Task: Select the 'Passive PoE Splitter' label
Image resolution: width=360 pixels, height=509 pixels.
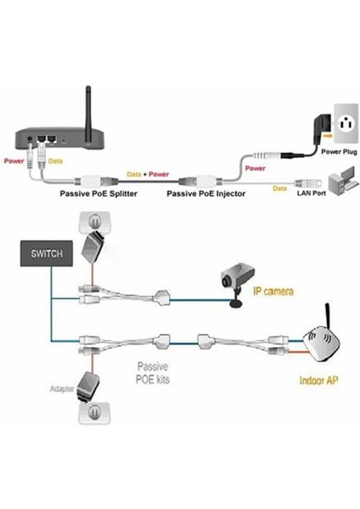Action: click(x=99, y=193)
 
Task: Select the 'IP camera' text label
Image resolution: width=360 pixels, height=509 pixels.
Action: click(x=273, y=292)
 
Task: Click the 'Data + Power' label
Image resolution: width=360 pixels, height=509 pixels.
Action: click(x=149, y=173)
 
